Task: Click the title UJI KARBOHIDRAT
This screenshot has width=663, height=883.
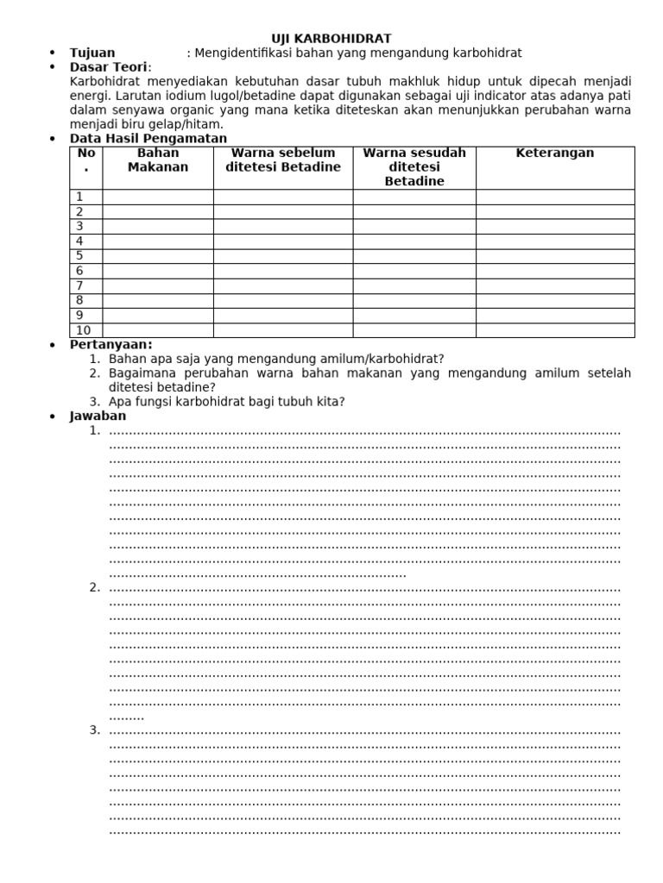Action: click(x=331, y=39)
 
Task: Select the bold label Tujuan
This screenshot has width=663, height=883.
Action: click(x=92, y=53)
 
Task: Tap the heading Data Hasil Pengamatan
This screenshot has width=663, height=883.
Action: click(x=148, y=138)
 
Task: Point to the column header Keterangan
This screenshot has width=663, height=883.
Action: click(x=555, y=153)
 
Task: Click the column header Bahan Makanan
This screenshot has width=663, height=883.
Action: click(x=158, y=160)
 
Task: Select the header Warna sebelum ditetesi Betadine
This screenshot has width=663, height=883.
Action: click(x=283, y=160)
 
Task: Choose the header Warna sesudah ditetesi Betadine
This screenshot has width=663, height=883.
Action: click(x=414, y=167)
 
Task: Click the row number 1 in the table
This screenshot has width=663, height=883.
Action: click(x=79, y=197)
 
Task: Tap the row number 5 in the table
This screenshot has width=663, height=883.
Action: click(x=79, y=256)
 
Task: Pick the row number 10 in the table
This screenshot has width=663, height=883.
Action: click(x=83, y=330)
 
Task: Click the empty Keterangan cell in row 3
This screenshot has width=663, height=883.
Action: click(x=555, y=227)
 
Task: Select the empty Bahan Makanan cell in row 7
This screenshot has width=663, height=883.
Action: click(x=158, y=285)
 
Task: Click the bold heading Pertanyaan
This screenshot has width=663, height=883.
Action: click(x=110, y=345)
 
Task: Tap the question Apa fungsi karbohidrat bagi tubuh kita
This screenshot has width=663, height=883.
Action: click(x=227, y=402)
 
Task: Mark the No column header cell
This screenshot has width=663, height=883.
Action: click(x=85, y=160)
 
